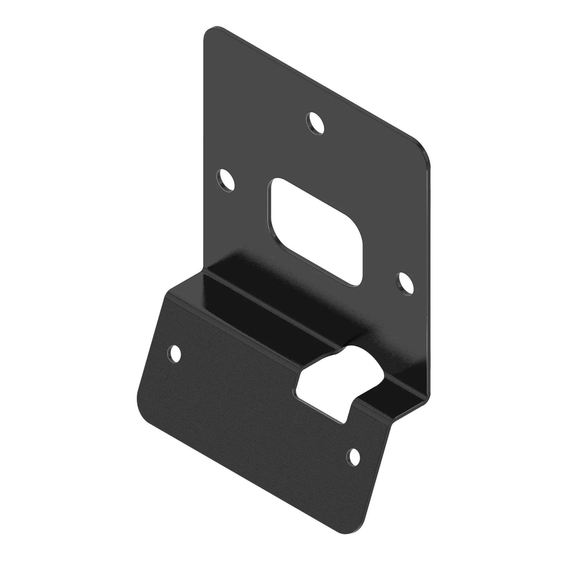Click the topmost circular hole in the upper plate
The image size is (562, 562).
[x=315, y=123]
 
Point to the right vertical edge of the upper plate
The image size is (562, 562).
[x=430, y=276]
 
